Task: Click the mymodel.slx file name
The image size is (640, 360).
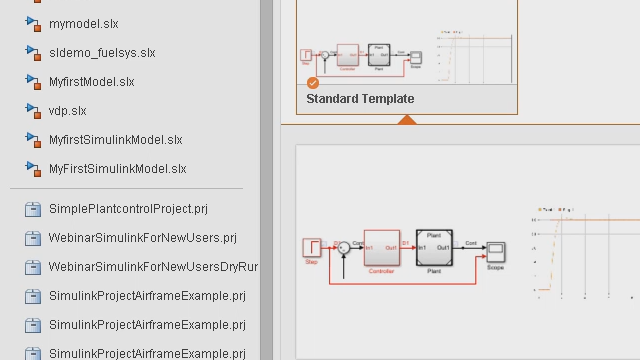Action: [x=83, y=23]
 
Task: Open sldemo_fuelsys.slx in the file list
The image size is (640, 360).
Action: [x=102, y=52]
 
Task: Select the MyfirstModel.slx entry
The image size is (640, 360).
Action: [x=91, y=81]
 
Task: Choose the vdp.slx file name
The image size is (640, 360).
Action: [x=68, y=110]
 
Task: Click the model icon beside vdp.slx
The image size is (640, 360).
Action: [x=32, y=110]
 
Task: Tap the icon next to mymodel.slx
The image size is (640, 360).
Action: [x=32, y=23]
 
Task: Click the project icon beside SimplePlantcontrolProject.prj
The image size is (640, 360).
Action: [x=32, y=209]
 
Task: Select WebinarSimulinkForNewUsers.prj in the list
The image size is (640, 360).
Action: [x=142, y=238]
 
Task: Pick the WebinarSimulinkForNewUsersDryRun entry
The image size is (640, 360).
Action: [x=153, y=267]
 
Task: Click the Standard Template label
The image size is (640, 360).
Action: [x=360, y=99]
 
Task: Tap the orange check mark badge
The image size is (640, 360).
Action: [x=313, y=83]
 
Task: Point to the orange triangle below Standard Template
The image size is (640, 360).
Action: [x=406, y=120]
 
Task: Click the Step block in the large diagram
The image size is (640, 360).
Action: [x=311, y=247]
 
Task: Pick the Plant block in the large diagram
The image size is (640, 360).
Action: [x=434, y=247]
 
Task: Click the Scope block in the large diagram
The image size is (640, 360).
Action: [x=495, y=251]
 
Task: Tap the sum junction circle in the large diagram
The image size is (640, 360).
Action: [x=343, y=246]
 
